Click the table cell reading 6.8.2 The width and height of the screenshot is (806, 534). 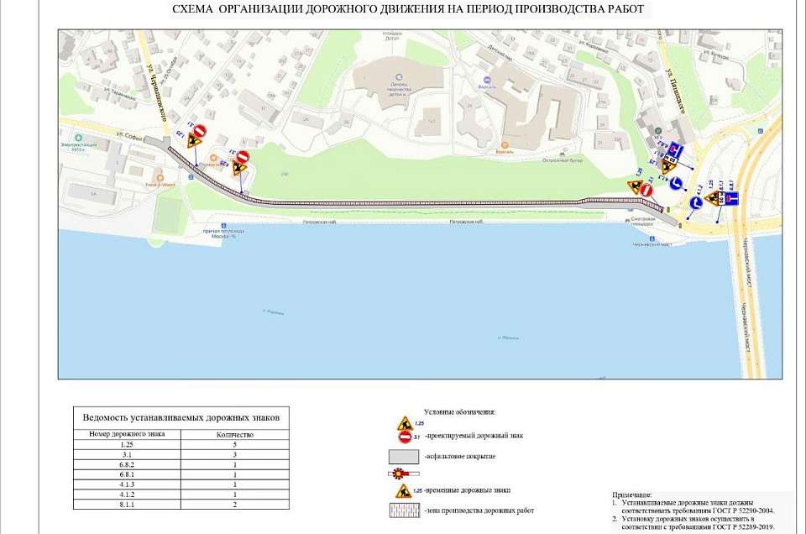click(127, 463)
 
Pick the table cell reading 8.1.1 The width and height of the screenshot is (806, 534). click(127, 505)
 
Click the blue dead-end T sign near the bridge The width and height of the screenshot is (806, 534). click(730, 198)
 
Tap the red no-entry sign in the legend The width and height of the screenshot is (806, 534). click(405, 437)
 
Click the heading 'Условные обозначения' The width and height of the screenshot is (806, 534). click(460, 412)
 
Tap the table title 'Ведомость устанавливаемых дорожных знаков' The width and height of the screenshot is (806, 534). click(181, 417)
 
